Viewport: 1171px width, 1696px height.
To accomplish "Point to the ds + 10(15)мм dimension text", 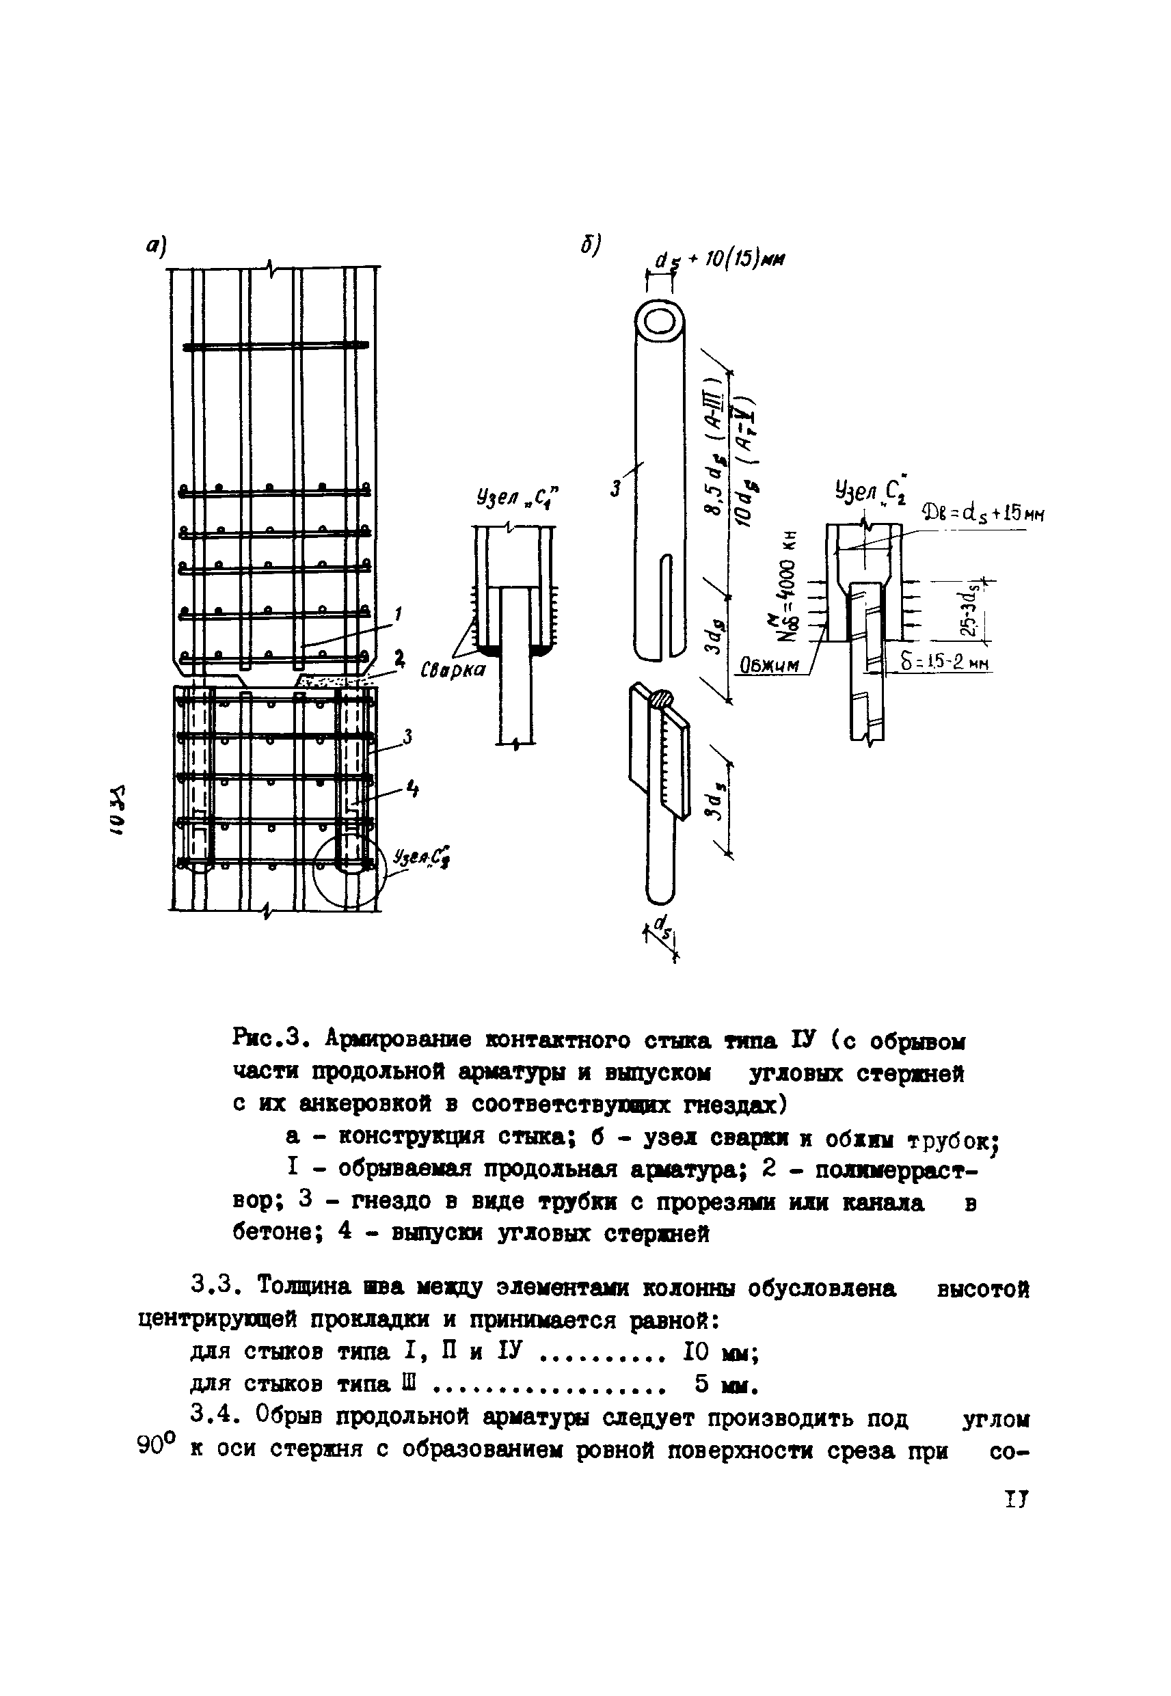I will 718,260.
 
